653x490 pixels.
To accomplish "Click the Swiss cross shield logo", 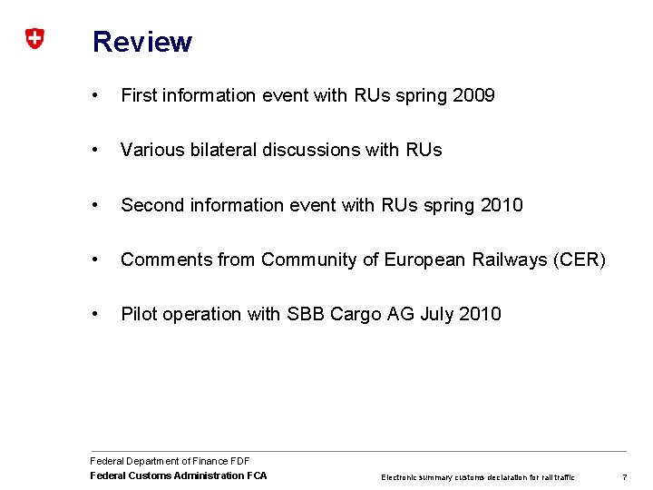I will click(34, 39).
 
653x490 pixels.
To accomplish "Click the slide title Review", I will click(142, 42).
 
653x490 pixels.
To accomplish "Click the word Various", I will click(151, 150).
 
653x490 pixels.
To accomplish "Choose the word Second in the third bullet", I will click(152, 205).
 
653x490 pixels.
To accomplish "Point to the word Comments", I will click(167, 260).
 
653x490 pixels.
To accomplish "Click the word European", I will click(422, 260).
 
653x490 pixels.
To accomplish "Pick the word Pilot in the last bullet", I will click(140, 314).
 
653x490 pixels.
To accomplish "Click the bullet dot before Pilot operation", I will click(96, 314).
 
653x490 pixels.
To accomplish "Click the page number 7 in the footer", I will click(625, 476).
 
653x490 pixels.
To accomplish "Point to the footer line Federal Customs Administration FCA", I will click(179, 475).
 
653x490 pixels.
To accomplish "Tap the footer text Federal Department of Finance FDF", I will click(170, 462).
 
